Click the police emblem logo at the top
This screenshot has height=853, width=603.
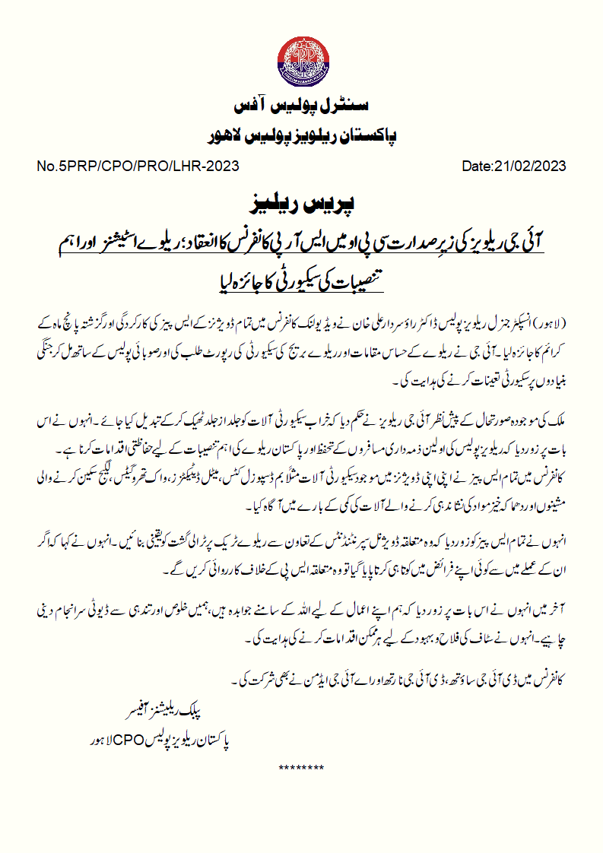tap(301, 57)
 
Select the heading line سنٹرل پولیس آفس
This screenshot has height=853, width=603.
tap(301, 103)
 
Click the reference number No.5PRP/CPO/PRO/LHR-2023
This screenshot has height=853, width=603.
tap(138, 166)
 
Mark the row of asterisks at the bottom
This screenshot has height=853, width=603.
tap(301, 768)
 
